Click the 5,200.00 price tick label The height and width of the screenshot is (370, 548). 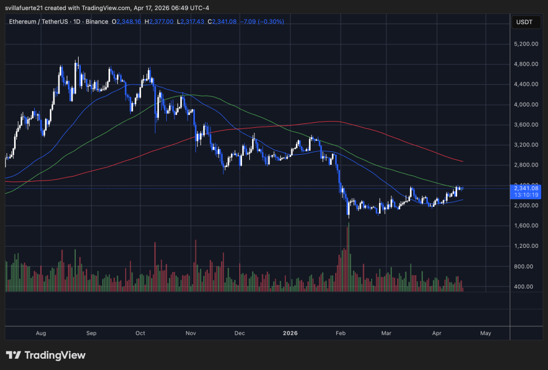(x=527, y=44)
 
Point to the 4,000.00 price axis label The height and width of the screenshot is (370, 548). (x=527, y=104)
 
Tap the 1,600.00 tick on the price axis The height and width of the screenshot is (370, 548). (x=527, y=225)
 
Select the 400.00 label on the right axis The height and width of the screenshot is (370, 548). (x=527, y=286)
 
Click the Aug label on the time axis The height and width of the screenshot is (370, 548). (x=40, y=333)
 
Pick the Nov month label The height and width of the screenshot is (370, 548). (x=190, y=333)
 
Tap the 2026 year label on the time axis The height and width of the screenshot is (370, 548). (x=290, y=333)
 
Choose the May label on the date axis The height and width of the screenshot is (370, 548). (x=486, y=333)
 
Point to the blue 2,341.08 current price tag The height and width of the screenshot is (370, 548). (x=526, y=188)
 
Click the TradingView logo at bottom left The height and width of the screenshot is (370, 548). (x=46, y=355)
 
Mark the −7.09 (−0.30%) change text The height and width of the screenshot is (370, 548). (x=262, y=21)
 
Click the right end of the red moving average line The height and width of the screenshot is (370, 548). (x=462, y=161)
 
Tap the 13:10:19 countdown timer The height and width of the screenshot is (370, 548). (x=526, y=195)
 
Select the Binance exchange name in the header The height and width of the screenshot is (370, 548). (x=99, y=21)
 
